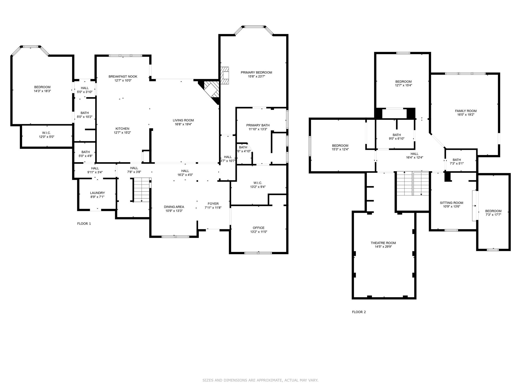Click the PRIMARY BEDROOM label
tap(256, 73)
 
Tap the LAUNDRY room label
tap(97, 193)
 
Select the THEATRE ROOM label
tap(383, 243)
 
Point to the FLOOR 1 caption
tap(84, 224)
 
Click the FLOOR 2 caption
tap(359, 312)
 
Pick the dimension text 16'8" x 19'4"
tap(183, 124)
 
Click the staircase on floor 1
tap(141, 190)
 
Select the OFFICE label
tap(258, 228)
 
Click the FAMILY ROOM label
tap(466, 111)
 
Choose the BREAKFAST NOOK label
tap(123, 76)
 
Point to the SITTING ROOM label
tap(451, 203)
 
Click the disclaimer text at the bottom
tap(260, 380)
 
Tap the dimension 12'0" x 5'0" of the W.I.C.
tap(46, 137)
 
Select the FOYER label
tap(213, 204)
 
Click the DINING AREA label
tap(174, 207)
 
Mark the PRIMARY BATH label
tap(258, 125)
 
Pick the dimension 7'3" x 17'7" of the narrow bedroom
tap(493, 215)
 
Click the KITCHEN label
tap(122, 129)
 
